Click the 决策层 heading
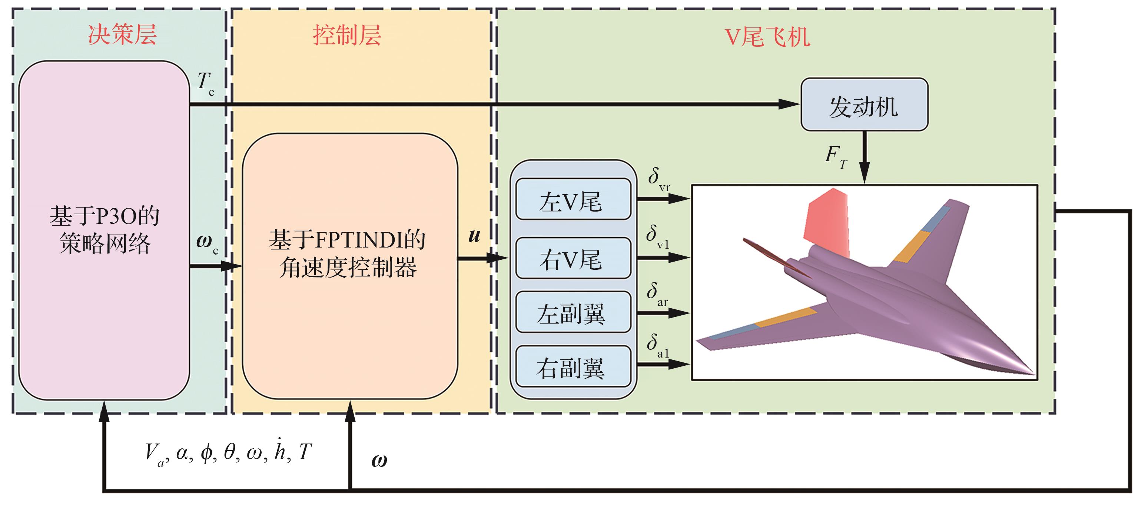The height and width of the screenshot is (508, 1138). [122, 34]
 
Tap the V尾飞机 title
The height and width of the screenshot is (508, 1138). [768, 37]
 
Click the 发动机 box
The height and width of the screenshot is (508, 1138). [864, 105]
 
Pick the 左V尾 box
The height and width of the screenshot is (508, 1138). [573, 199]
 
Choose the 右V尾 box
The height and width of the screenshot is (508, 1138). [573, 258]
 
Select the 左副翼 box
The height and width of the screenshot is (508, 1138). [573, 312]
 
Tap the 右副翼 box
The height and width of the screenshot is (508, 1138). [573, 367]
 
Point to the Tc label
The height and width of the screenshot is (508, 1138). [205, 83]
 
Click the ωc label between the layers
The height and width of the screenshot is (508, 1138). [206, 243]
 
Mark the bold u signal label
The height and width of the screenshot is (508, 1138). [474, 235]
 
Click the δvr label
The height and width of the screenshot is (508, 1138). [658, 179]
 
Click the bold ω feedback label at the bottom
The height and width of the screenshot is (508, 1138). [379, 460]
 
